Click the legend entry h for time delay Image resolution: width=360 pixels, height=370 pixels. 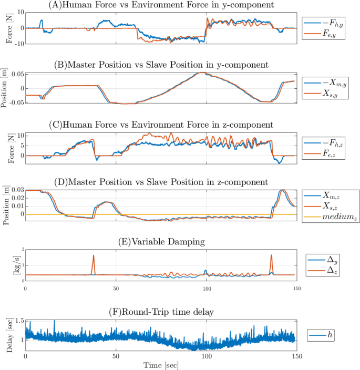pos(330,333)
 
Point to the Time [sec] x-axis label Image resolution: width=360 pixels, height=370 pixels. pos(161,364)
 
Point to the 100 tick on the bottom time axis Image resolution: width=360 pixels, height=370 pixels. pos(207,356)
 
